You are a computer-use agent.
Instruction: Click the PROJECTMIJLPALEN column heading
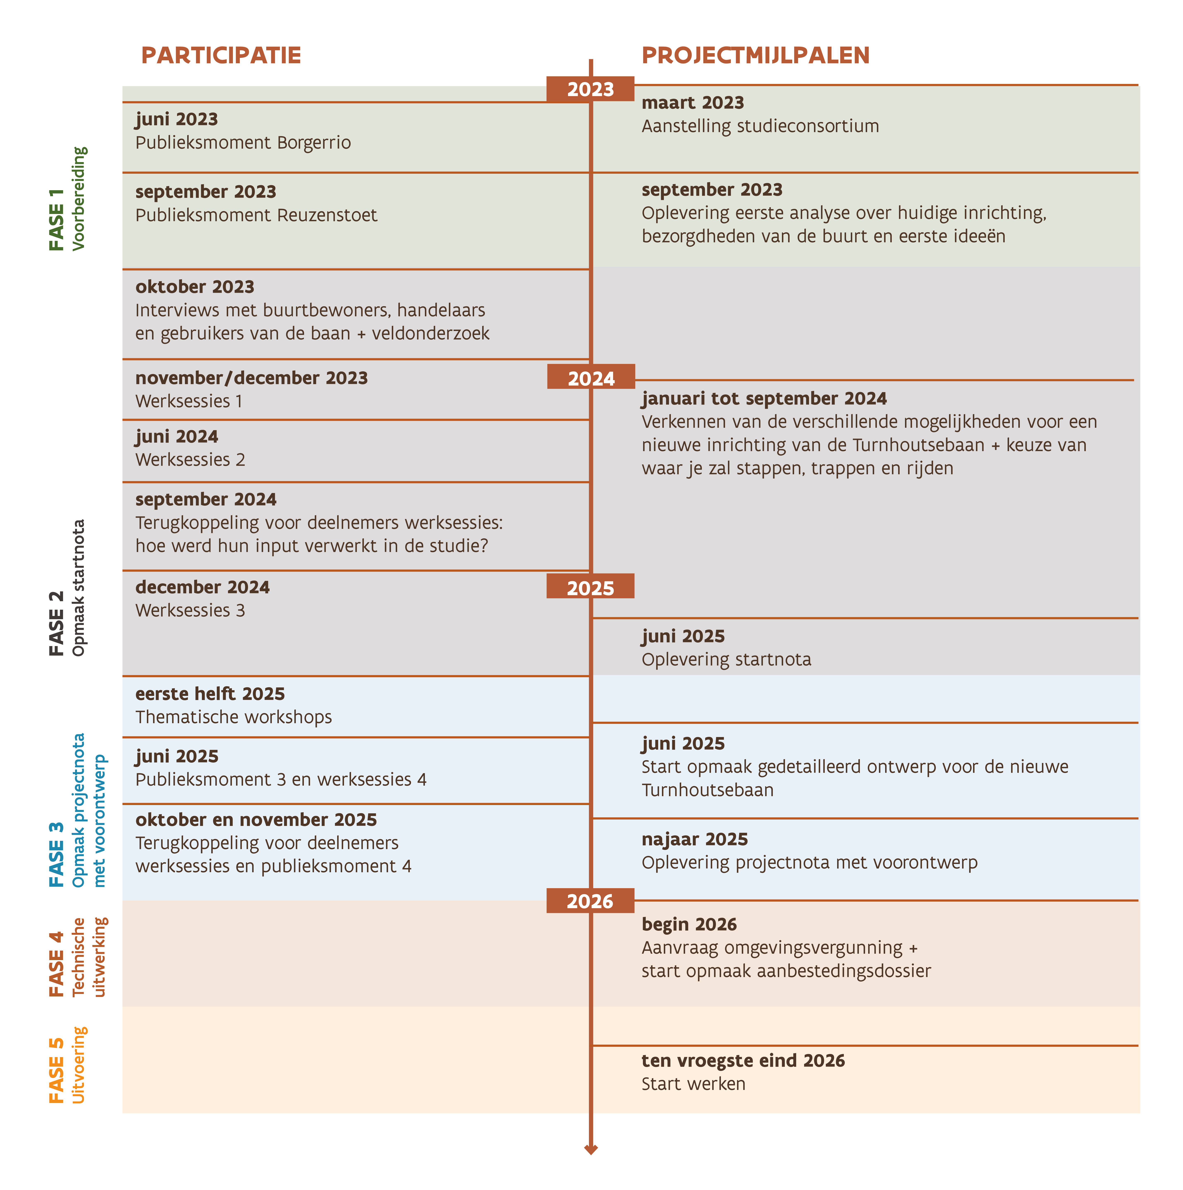755,55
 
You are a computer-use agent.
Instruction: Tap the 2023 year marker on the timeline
590,89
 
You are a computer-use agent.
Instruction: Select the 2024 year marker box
591,378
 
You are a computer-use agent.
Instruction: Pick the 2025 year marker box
590,587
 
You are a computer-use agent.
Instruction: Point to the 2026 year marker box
590,901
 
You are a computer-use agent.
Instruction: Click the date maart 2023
693,103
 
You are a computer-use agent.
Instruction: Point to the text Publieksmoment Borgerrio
243,143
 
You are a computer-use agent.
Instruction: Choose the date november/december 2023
251,378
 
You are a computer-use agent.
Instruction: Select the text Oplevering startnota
726,660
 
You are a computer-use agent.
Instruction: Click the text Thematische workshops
234,718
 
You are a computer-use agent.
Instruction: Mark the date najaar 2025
694,840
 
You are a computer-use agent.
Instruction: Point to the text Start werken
693,1084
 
